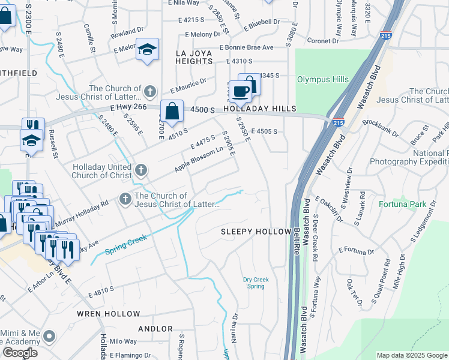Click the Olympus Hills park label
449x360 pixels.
323,79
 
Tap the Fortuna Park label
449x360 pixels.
402,204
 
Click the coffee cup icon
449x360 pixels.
240,92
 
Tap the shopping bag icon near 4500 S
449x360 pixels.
172,111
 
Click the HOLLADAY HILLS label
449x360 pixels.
261,109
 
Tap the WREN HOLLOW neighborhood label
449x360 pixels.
109,314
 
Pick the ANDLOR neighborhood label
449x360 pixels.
155,329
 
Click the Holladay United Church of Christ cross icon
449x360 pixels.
140,170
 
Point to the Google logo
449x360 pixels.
20,353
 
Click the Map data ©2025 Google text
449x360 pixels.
411,355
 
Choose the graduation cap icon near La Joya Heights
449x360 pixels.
146,50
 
